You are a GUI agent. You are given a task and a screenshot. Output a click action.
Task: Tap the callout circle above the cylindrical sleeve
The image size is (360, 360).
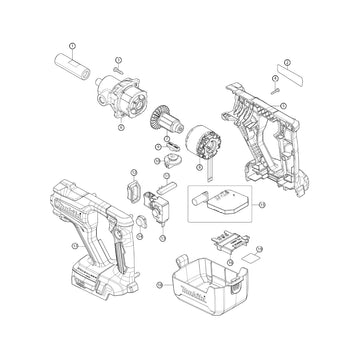pyautogui.click(x=72, y=46)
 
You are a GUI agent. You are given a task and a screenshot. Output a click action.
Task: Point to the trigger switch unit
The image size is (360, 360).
pyautogui.click(x=161, y=204)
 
